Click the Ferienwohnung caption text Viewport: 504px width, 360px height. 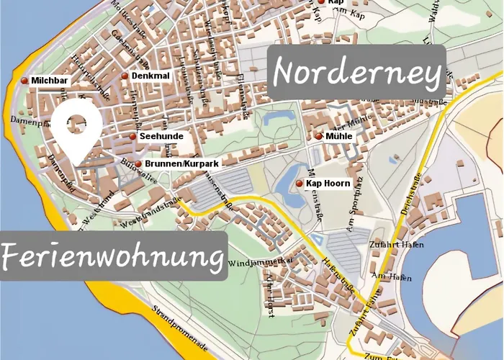(x=112, y=256)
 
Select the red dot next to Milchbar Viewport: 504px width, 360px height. (x=25, y=81)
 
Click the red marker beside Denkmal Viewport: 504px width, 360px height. (x=125, y=76)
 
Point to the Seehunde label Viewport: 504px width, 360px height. (x=161, y=136)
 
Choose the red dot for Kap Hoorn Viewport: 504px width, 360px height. (x=300, y=184)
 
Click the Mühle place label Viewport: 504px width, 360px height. (x=338, y=136)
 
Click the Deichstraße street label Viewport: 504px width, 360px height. (x=410, y=194)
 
